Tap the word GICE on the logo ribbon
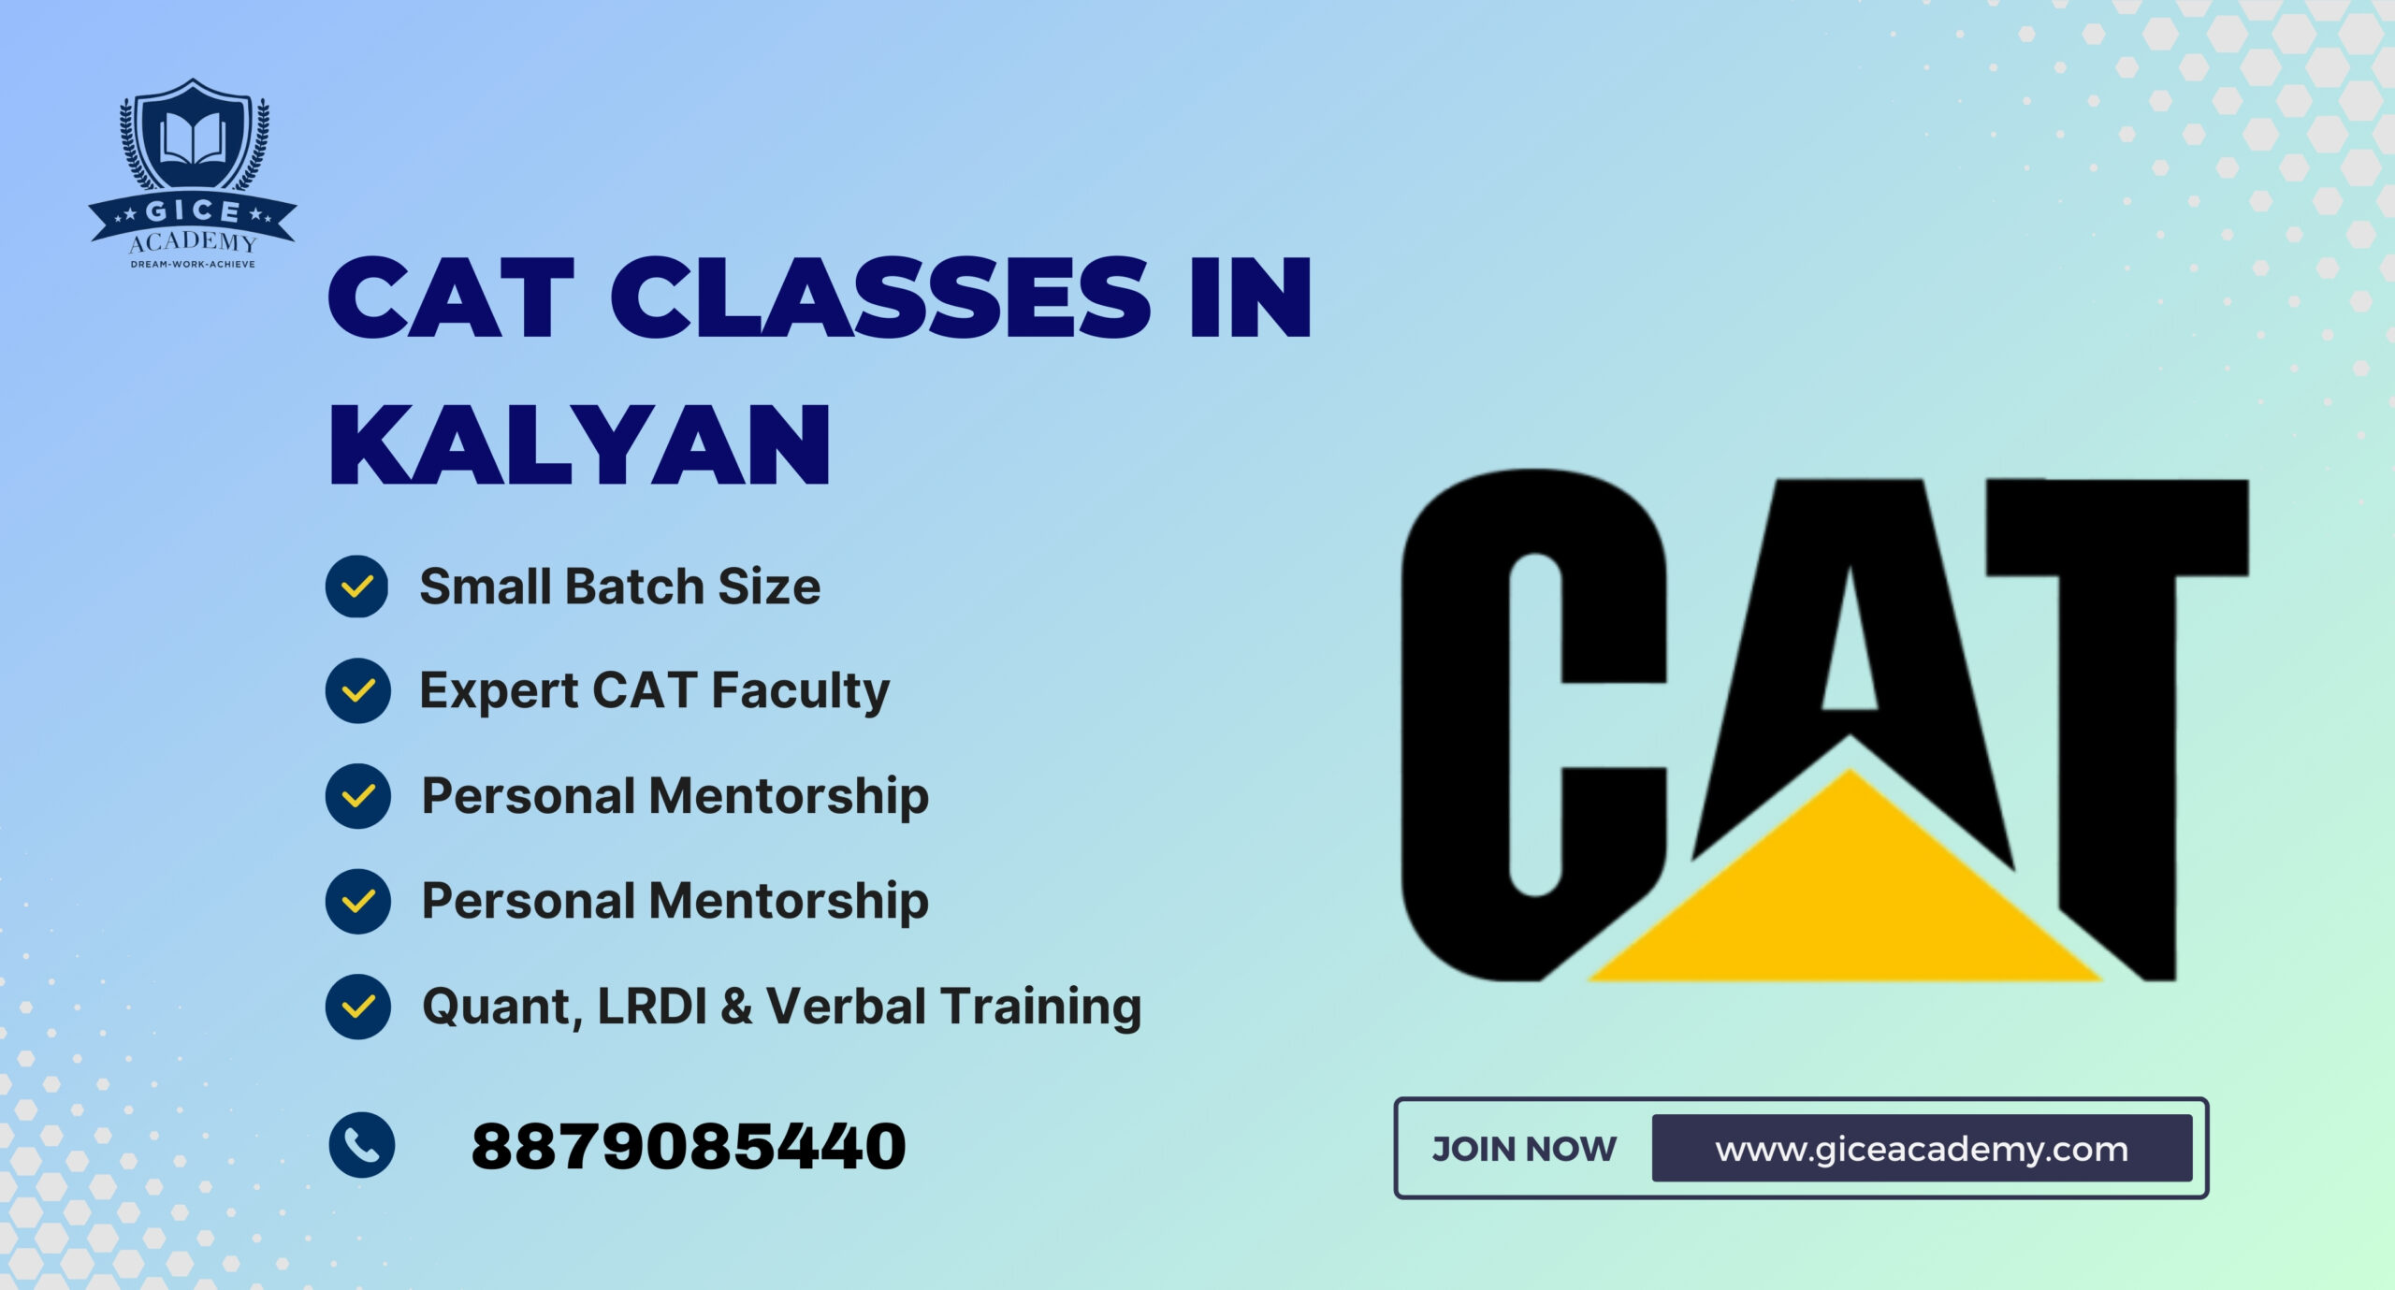(193, 211)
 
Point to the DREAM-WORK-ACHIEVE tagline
(193, 265)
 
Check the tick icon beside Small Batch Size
(356, 587)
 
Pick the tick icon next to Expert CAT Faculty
(356, 690)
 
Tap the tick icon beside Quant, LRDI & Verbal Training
(356, 1007)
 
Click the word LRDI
(651, 1007)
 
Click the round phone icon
(362, 1145)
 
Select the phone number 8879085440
(689, 1147)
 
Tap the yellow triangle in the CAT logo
(1848, 898)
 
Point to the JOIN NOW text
(1524, 1149)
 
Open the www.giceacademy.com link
(1922, 1149)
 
